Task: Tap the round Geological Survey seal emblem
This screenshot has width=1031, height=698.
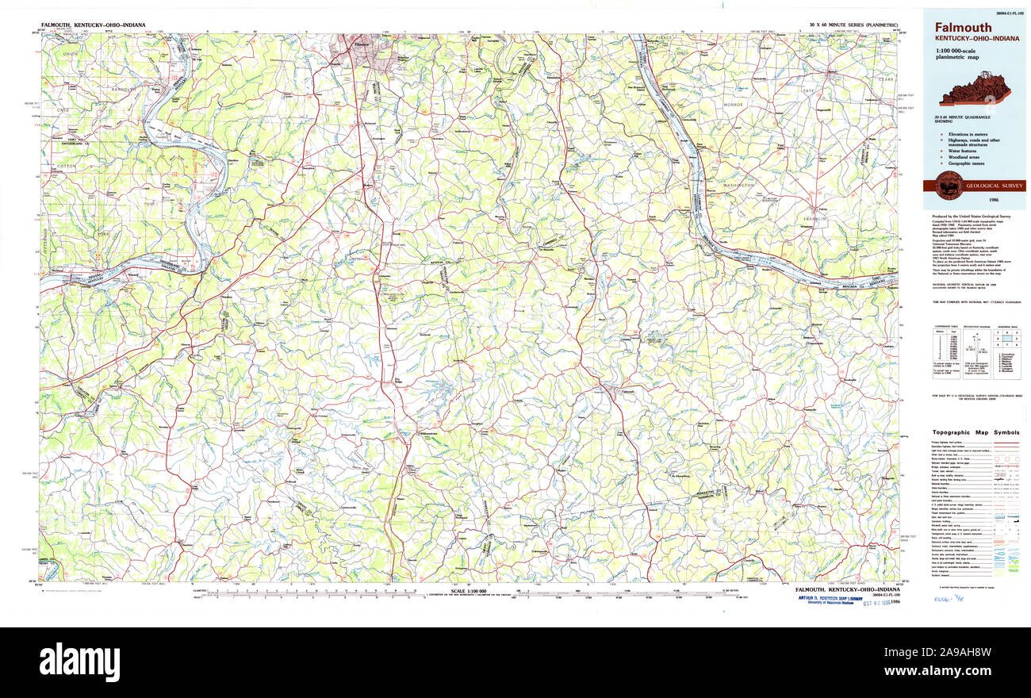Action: (949, 186)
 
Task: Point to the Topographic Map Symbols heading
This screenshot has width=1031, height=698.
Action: (973, 432)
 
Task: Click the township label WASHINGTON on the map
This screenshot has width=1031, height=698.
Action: (739, 184)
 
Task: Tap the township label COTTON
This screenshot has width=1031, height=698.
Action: (65, 167)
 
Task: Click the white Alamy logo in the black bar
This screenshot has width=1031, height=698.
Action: (79, 662)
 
